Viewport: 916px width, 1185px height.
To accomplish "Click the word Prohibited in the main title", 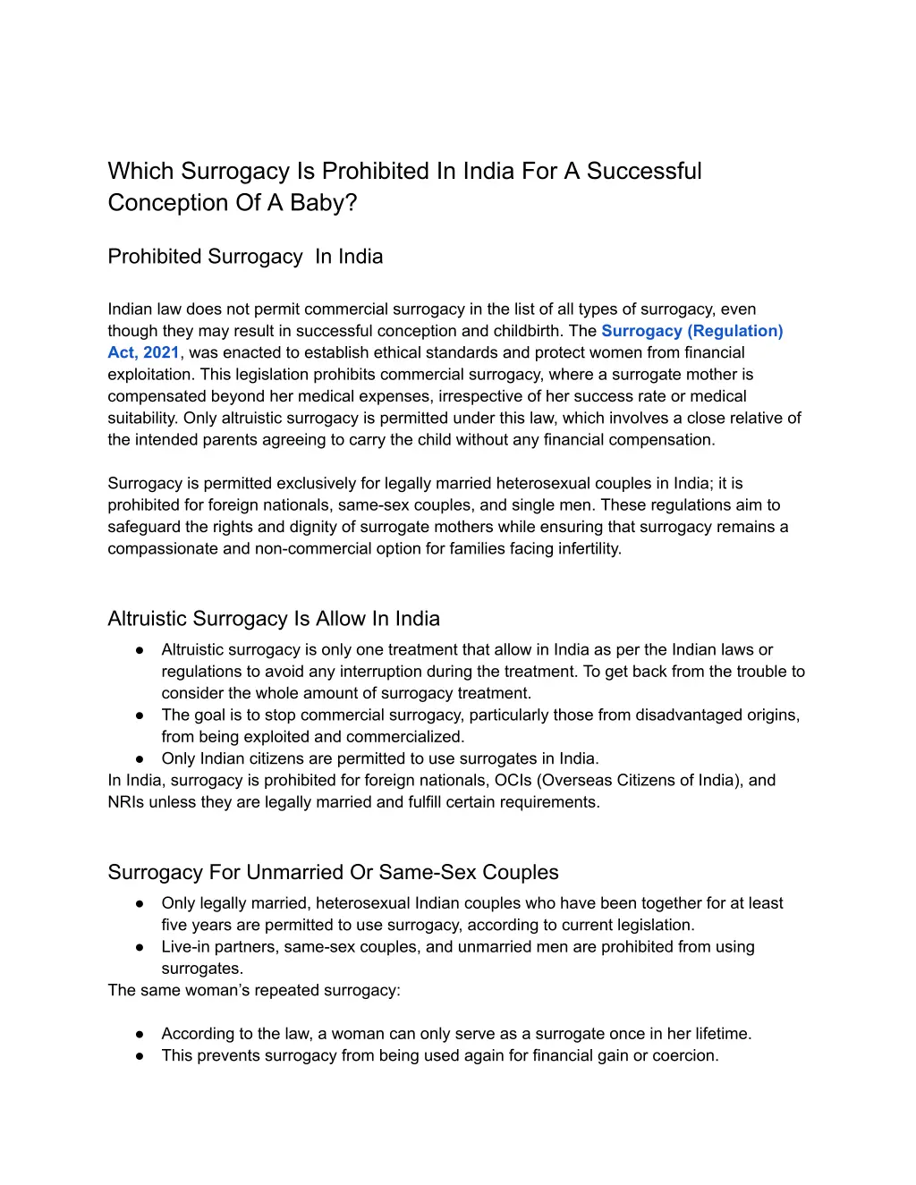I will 375,171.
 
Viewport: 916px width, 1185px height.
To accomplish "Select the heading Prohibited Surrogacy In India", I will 245,257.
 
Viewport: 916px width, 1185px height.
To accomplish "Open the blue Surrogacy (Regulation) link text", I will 691,331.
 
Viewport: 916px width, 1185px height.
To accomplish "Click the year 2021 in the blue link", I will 161,352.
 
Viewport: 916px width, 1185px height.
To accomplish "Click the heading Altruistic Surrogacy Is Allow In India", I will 274,619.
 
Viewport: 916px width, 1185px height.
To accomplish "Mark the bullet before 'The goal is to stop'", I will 140,715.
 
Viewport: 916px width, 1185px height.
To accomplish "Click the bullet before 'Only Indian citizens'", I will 140,758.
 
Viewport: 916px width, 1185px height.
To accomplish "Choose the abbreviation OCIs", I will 513,780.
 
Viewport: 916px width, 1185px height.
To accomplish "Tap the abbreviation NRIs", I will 126,802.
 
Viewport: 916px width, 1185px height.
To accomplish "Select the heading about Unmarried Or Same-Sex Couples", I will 333,872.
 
